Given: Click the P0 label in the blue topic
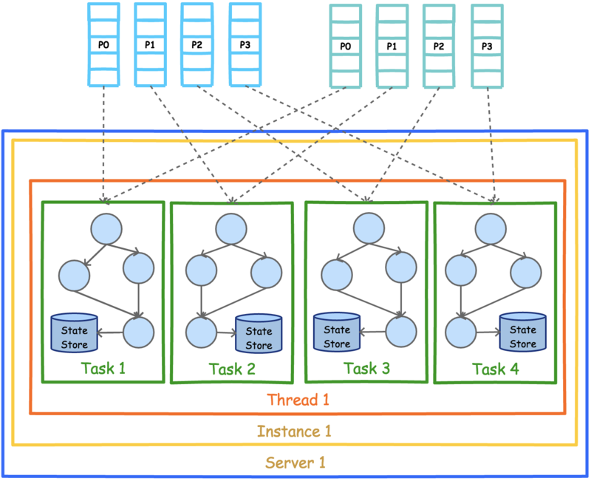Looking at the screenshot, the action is point(103,45).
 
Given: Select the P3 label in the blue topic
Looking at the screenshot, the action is point(245,45).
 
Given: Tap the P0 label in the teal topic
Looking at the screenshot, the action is point(345,47).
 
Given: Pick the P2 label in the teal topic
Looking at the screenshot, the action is point(439,47).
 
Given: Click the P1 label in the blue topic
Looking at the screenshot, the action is point(150,45).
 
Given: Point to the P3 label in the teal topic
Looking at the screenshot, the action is point(487,47).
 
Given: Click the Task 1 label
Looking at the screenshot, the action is point(103,368).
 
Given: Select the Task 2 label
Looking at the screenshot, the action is point(232,369).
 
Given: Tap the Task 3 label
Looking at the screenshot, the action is point(366,368).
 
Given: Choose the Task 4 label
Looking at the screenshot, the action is point(495,369).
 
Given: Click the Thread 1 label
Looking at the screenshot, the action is point(298,400).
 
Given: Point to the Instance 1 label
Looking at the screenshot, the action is point(294,431).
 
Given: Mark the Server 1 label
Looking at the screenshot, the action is point(295,463).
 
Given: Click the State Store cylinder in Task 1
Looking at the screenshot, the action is point(75,332).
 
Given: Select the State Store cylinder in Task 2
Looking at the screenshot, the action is point(259,334).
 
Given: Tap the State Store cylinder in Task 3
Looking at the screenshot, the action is point(337,332).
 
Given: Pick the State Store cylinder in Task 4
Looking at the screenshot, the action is point(523,332).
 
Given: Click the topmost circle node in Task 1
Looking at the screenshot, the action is point(106,229).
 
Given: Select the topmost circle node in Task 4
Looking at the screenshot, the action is point(491,229).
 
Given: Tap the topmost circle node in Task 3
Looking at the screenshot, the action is point(369,228).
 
